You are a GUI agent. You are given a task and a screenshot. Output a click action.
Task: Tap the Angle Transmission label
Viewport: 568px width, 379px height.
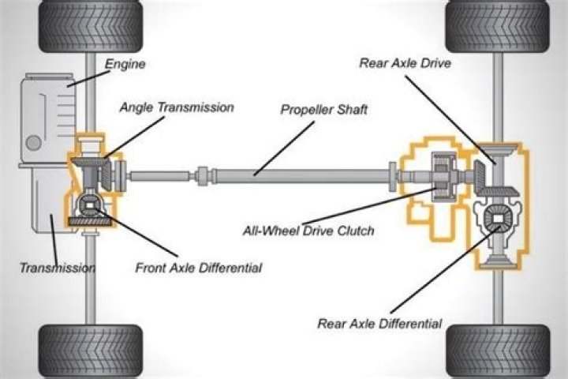click(x=176, y=107)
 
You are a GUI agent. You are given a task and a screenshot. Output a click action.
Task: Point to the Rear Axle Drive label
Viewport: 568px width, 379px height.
click(x=405, y=63)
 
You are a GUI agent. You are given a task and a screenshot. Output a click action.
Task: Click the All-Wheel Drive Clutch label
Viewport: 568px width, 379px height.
click(x=308, y=231)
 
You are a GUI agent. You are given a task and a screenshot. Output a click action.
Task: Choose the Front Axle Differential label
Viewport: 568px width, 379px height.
click(x=198, y=268)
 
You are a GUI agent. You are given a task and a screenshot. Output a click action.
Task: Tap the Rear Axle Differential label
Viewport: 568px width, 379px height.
click(x=379, y=323)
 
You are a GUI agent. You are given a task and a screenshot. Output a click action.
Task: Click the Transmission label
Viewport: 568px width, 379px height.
click(x=57, y=268)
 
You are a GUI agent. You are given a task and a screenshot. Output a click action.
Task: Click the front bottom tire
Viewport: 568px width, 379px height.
click(x=90, y=351)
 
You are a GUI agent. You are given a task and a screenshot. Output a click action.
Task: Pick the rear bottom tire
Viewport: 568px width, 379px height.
click(x=498, y=351)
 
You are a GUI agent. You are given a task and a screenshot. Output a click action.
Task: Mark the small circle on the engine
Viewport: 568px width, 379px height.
click(x=33, y=143)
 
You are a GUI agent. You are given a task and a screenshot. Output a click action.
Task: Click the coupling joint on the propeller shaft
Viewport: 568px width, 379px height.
click(x=202, y=174)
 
